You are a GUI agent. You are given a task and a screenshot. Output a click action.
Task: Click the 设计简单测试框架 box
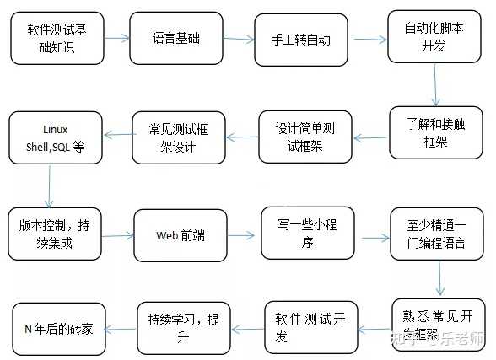[299, 137]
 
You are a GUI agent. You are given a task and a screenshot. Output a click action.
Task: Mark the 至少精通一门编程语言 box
[430, 234]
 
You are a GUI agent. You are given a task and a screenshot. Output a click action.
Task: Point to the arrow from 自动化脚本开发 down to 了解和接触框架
[435, 83]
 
